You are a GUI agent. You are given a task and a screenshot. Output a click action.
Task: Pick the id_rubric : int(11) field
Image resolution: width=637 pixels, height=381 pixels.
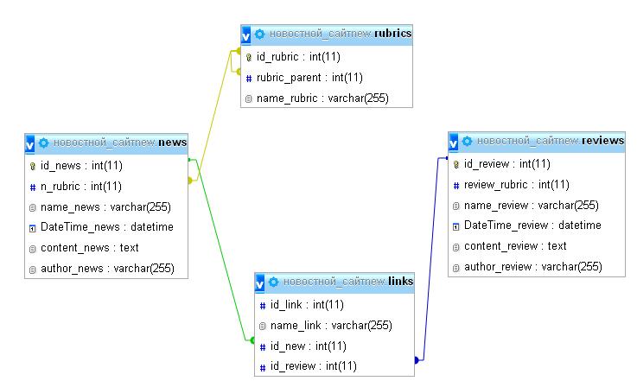(298, 57)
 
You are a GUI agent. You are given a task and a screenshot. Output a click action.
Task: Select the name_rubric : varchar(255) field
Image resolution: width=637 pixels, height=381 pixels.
(322, 98)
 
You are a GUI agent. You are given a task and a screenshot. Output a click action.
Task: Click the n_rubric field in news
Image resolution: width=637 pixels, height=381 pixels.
(81, 186)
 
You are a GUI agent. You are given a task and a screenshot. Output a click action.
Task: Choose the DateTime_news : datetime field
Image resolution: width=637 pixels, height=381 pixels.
(106, 227)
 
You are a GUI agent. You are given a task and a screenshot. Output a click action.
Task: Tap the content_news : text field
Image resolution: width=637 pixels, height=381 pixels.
(89, 248)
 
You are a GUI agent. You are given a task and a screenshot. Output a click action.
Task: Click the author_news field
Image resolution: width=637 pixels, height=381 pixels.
(107, 269)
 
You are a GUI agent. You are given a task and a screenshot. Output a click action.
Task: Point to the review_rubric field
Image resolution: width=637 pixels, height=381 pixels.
(516, 184)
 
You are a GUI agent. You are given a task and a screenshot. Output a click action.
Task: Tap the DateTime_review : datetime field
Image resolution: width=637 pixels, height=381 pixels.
(532, 225)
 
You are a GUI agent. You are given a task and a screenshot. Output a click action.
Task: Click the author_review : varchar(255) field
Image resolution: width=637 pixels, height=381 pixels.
(532, 267)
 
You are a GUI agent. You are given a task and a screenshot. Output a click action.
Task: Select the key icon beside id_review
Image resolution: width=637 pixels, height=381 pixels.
(456, 164)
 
